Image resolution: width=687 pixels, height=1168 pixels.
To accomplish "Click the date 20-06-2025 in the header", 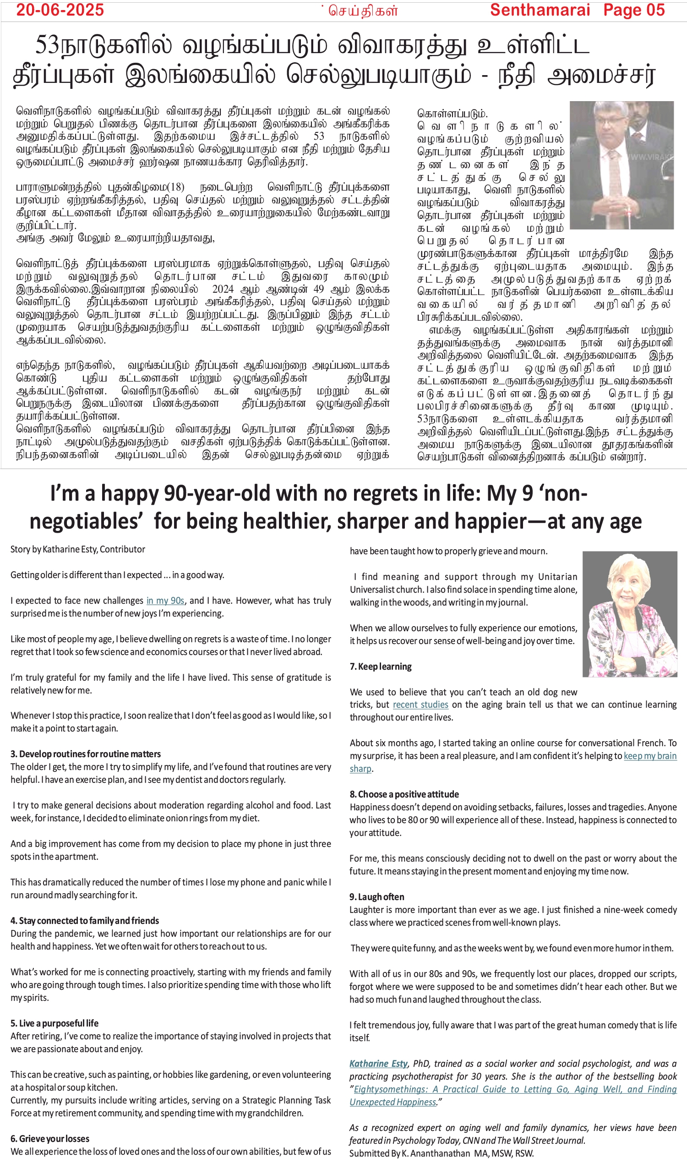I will [x=60, y=10].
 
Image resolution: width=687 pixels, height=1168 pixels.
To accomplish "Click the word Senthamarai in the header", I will [x=540, y=10].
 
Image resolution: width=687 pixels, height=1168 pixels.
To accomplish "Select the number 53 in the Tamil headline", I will [x=48, y=45].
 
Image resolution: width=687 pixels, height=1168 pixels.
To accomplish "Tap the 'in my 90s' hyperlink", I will [x=165, y=600].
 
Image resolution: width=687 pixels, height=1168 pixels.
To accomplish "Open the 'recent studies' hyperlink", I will [x=420, y=704].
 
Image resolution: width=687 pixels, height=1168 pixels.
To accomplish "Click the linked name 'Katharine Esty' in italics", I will [x=378, y=1064].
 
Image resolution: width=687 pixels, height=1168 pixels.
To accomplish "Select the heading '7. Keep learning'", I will [x=381, y=666].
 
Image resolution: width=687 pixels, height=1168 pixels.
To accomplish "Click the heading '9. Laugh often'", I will [x=376, y=897].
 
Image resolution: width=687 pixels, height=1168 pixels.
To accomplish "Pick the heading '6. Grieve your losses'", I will [x=50, y=1139].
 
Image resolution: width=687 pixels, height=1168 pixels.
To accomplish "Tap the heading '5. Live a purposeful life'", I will [x=54, y=1023].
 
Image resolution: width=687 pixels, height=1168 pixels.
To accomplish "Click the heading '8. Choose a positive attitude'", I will [x=404, y=794].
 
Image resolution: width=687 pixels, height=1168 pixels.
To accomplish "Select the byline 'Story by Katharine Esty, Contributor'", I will [x=77, y=549].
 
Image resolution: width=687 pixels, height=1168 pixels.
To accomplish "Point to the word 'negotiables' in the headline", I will [x=84, y=521].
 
